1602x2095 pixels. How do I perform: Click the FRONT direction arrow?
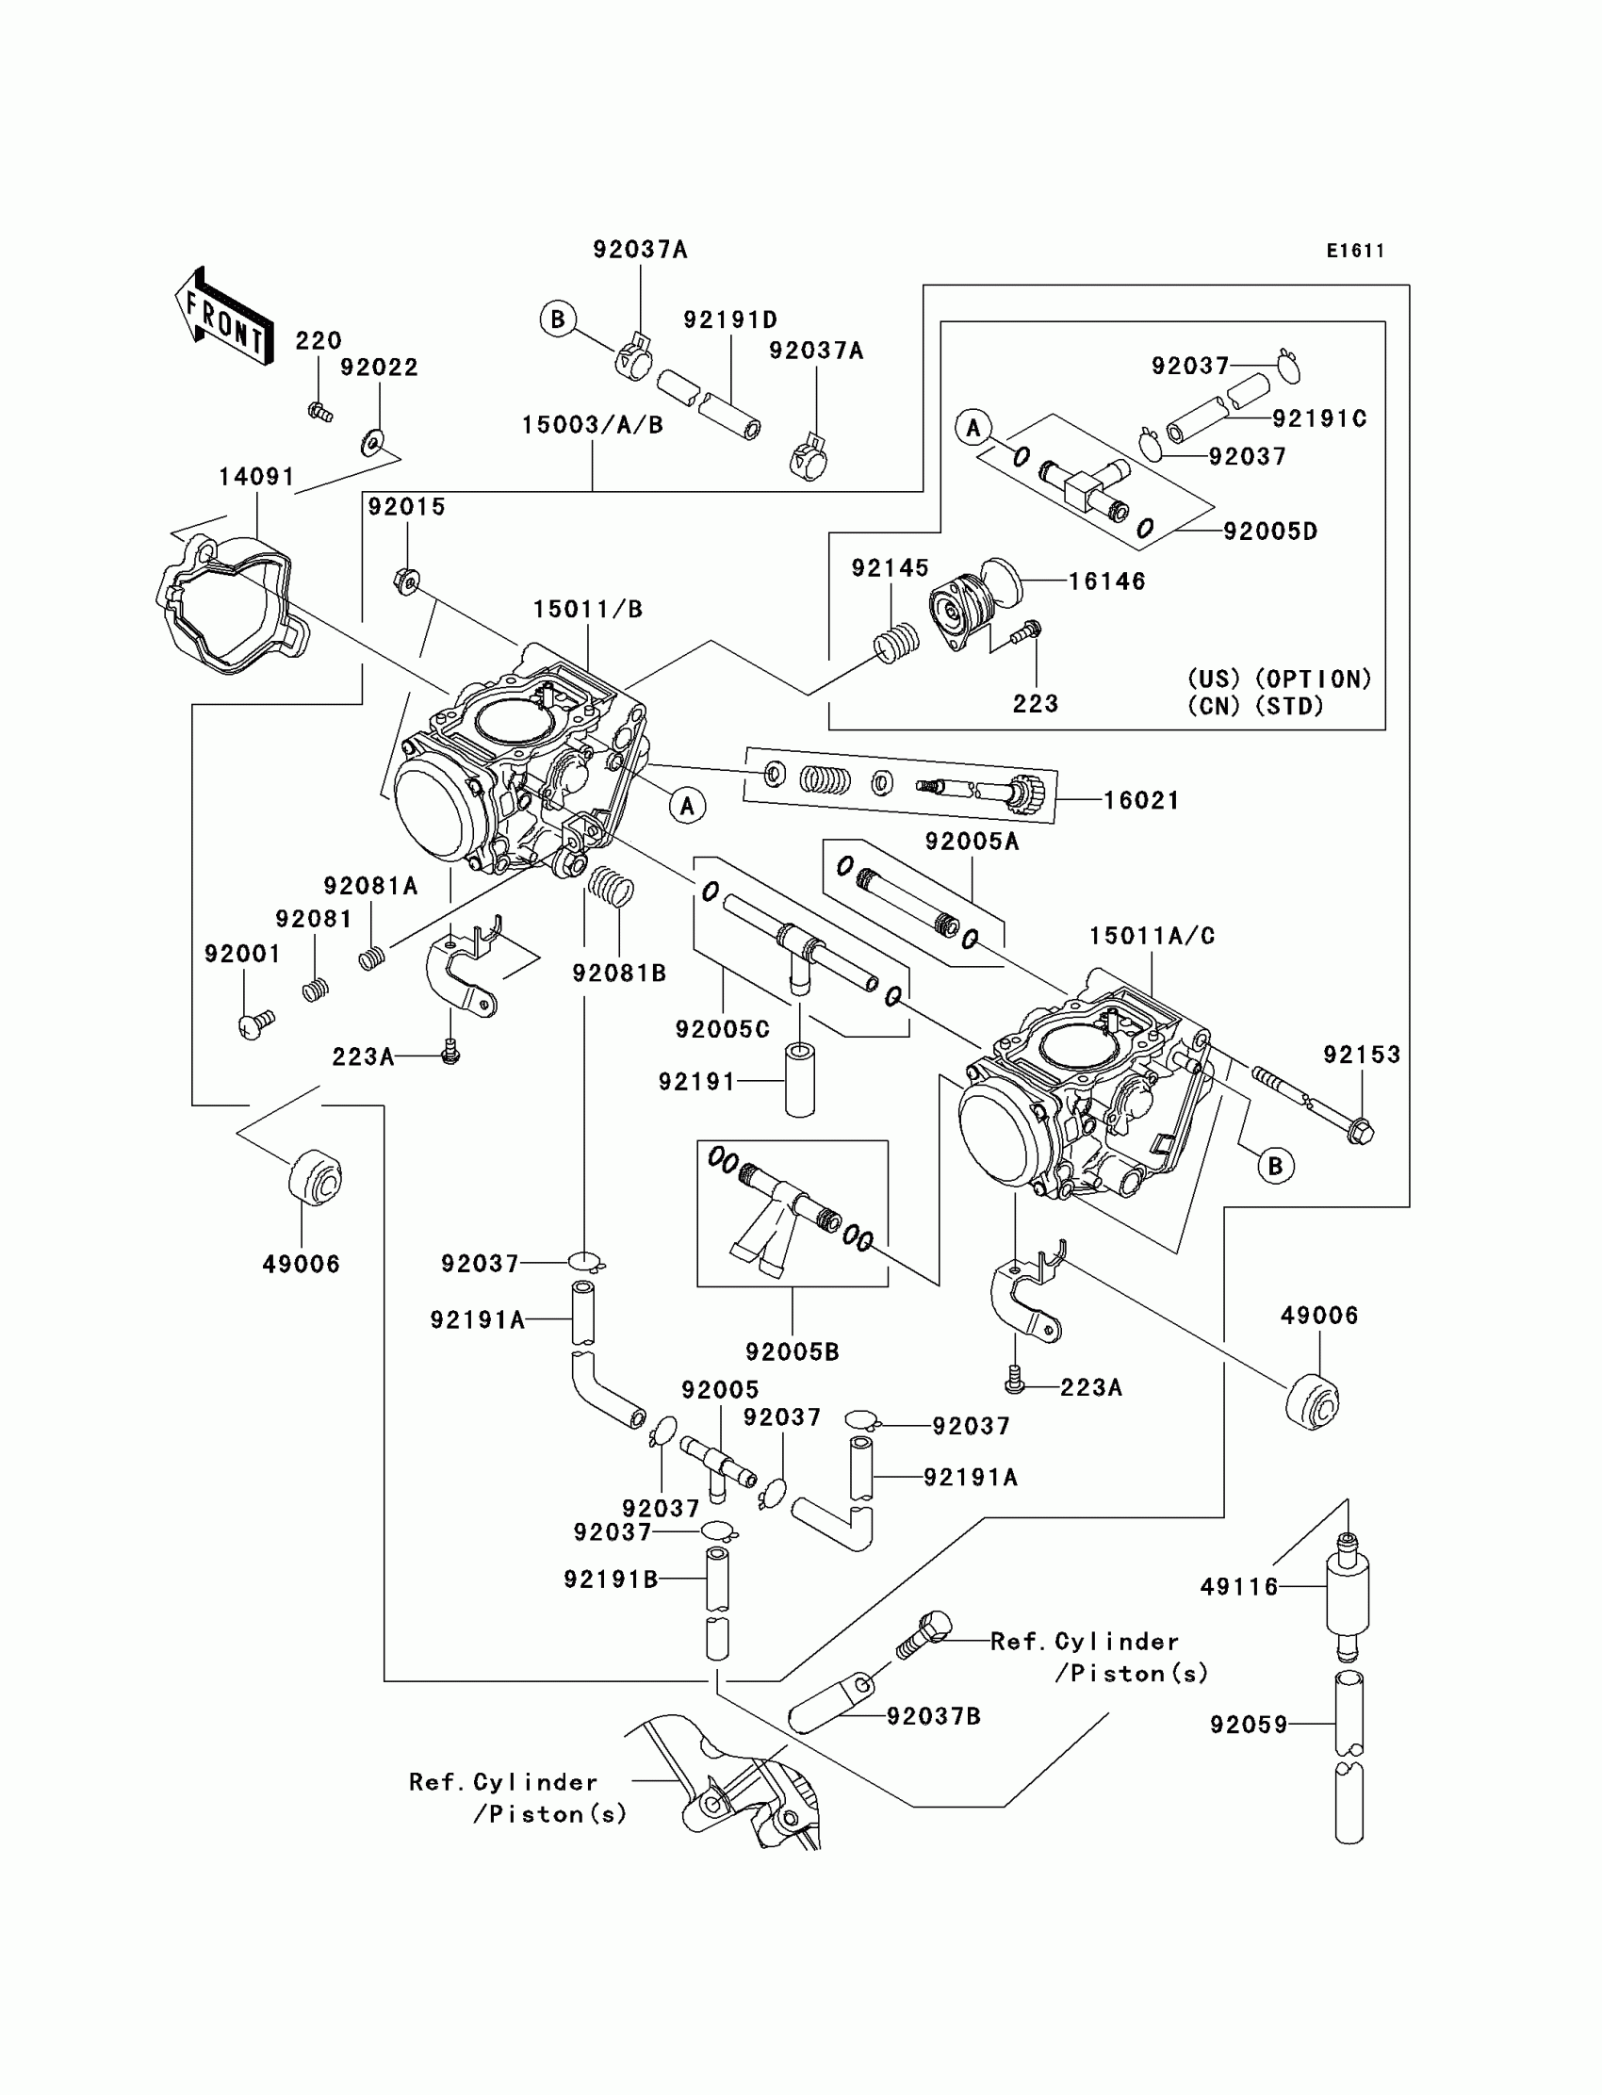pyautogui.click(x=224, y=317)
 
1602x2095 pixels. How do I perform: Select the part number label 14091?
pyautogui.click(x=256, y=477)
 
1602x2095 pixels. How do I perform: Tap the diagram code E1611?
pyautogui.click(x=1355, y=251)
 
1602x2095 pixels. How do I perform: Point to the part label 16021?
pyautogui.click(x=1141, y=801)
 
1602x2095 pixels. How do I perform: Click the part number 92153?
pyautogui.click(x=1362, y=1055)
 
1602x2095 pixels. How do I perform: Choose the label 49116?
pyautogui.click(x=1238, y=1587)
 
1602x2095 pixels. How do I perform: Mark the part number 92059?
pyautogui.click(x=1250, y=1724)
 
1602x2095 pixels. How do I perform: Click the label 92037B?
pyautogui.click(x=934, y=1716)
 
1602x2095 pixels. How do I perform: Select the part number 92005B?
pyautogui.click(x=793, y=1352)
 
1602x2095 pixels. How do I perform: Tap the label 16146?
pyautogui.click(x=1107, y=581)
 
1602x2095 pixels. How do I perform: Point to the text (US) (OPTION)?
pyautogui.click(x=1279, y=679)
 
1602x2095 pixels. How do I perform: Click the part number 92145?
pyautogui.click(x=890, y=568)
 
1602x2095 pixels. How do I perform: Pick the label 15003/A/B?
pyautogui.click(x=592, y=425)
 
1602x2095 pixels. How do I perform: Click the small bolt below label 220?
pyautogui.click(x=320, y=413)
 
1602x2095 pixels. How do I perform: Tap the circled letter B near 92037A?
pyautogui.click(x=558, y=319)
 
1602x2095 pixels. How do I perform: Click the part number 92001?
pyautogui.click(x=242, y=955)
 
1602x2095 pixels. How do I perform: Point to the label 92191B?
pyautogui.click(x=612, y=1580)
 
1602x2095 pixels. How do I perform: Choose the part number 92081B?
pyautogui.click(x=619, y=974)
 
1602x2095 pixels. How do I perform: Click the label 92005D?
pyautogui.click(x=1270, y=532)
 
